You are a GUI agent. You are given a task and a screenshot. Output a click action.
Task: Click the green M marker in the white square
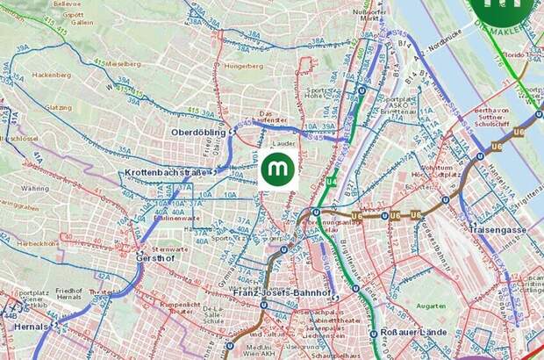tap(279, 168)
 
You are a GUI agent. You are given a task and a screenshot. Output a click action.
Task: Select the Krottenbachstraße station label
tap(164, 173)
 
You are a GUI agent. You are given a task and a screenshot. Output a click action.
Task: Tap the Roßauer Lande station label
tap(414, 333)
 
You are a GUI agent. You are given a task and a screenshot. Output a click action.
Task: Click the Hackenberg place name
tap(51, 76)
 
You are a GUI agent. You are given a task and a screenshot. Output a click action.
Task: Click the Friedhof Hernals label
tap(68, 296)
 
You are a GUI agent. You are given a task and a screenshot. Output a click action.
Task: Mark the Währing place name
tap(35, 188)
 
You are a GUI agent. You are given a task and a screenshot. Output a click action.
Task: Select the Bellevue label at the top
tap(67, 4)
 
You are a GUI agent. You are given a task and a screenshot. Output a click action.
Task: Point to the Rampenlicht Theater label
tap(180, 307)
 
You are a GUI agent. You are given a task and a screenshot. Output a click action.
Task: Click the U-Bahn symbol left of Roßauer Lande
tap(371, 334)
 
